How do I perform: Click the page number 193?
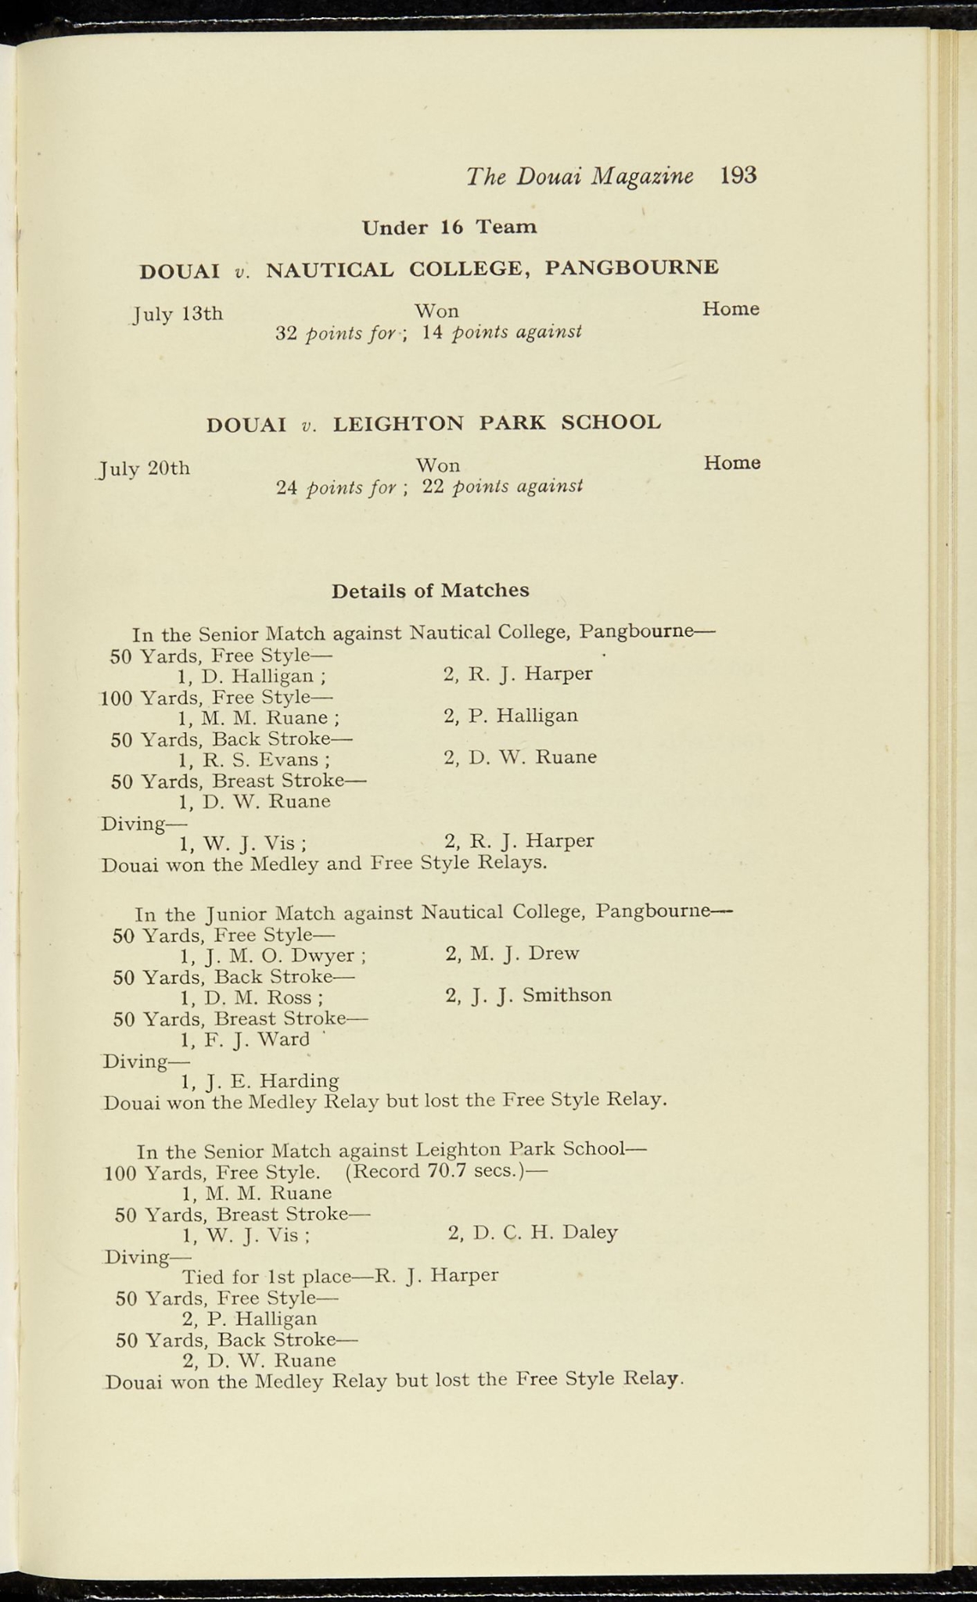point(738,174)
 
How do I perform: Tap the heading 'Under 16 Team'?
point(449,228)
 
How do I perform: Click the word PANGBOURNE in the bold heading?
point(631,268)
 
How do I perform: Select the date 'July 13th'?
point(178,314)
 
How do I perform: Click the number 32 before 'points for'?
point(286,334)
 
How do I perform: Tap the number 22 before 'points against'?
point(434,487)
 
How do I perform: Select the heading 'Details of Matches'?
point(430,591)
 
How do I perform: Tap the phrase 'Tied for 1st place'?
point(267,1276)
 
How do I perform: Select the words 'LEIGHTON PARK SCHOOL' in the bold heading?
point(497,423)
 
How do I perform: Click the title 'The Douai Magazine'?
point(580,176)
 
